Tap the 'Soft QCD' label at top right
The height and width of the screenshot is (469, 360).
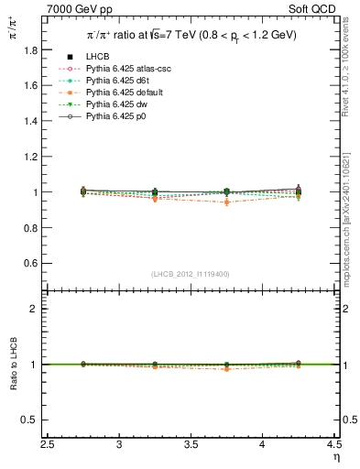pos(313,10)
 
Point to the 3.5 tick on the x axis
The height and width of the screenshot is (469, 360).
pos(191,445)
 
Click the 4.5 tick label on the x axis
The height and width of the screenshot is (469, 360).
pos(334,445)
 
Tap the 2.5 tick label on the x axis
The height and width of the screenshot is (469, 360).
pos(48,445)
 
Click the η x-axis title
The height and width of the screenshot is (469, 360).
pos(335,457)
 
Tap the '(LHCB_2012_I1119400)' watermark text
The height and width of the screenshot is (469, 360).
pos(191,274)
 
